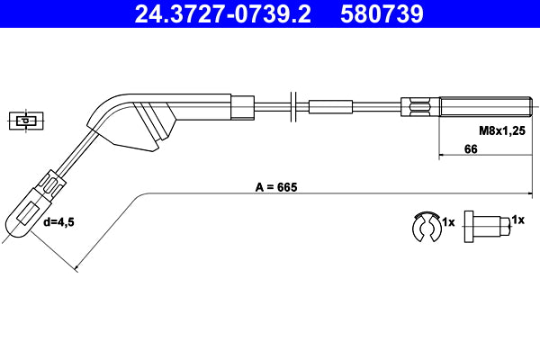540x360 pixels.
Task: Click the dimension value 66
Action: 470,149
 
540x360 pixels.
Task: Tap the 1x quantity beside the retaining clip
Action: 449,220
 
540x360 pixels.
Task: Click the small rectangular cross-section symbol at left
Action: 27,120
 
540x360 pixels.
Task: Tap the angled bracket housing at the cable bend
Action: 144,121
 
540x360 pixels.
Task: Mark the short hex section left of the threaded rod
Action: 424,105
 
